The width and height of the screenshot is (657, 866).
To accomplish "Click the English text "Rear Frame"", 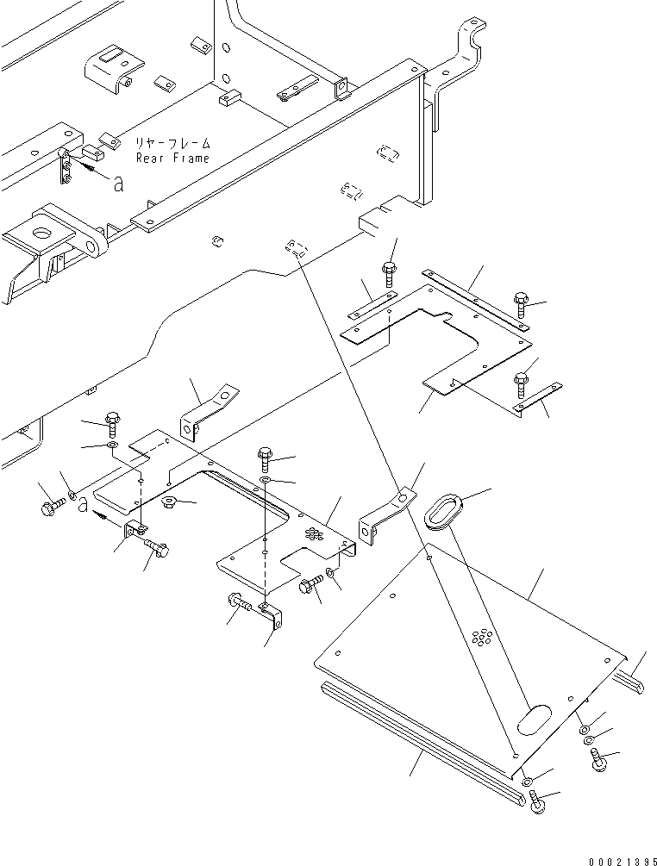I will click(x=172, y=159).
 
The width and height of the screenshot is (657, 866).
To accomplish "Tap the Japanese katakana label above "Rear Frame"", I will click(x=172, y=143).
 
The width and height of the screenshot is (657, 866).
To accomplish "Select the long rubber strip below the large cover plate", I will click(x=422, y=737).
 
